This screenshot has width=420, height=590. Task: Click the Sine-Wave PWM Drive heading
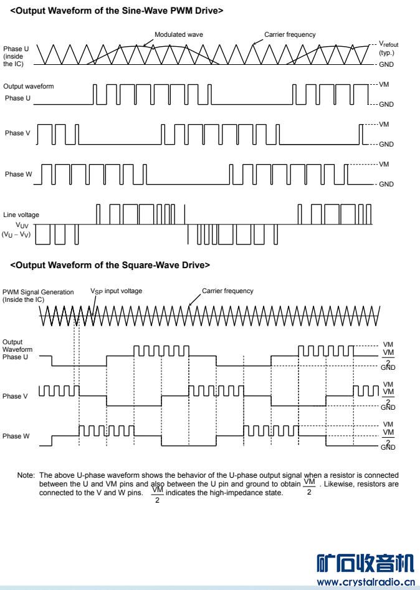(117, 11)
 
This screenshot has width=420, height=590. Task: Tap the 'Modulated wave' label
(179, 35)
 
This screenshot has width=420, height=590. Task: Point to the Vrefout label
(389, 44)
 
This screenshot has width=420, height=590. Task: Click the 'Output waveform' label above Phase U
(29, 86)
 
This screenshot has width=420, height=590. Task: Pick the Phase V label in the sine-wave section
(17, 133)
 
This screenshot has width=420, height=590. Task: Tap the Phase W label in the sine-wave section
(18, 174)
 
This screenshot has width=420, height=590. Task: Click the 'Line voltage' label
(21, 215)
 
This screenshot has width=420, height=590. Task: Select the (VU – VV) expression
(16, 235)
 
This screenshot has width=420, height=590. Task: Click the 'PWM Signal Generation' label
(38, 292)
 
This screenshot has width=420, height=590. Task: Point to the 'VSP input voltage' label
(116, 291)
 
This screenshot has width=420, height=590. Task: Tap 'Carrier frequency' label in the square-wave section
(227, 291)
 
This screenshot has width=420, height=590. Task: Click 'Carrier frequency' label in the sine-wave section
(290, 35)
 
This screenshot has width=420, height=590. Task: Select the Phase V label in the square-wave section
(15, 396)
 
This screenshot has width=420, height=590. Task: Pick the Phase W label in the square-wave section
(16, 436)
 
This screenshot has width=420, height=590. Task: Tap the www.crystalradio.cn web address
(366, 582)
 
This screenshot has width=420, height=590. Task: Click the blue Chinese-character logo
(365, 563)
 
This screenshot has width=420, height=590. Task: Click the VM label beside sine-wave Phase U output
(384, 84)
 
